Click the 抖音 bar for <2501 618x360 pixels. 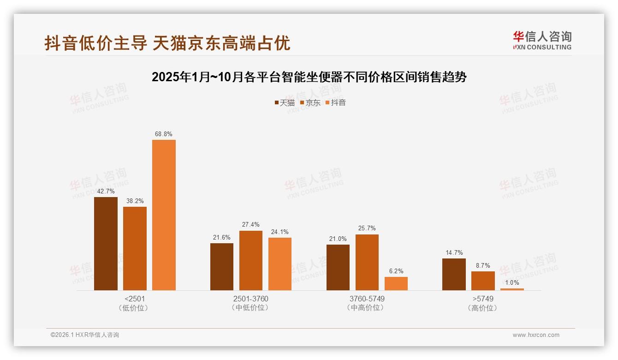click(164, 215)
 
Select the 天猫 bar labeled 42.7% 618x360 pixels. click(106, 244)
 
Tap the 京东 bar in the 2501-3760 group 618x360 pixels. click(250, 260)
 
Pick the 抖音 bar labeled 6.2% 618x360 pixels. click(396, 283)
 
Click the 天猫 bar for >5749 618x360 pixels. click(454, 274)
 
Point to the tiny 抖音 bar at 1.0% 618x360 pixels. click(512, 289)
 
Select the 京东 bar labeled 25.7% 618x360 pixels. click(367, 262)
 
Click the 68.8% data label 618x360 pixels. click(164, 134)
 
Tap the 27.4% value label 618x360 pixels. click(250, 225)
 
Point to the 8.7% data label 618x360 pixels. click(483, 266)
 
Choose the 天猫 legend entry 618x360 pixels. click(284, 103)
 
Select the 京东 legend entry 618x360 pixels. click(310, 103)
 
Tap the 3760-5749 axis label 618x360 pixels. click(367, 299)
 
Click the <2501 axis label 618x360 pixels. click(135, 299)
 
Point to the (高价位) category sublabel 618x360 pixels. click(482, 308)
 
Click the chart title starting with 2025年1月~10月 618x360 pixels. click(309, 77)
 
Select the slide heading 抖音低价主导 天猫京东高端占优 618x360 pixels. click(167, 43)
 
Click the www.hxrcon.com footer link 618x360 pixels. click(536, 335)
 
